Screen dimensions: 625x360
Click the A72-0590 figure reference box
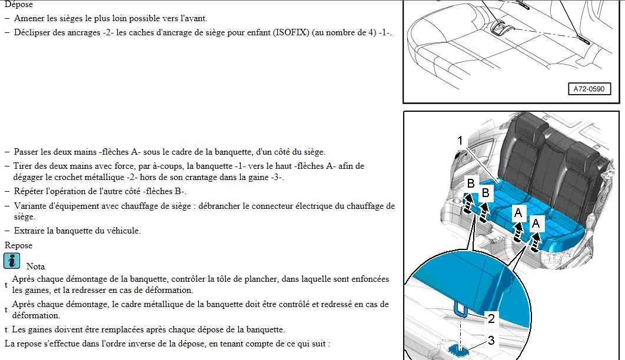click(x=589, y=89)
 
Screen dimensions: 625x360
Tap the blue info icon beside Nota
click(x=12, y=261)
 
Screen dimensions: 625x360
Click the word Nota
click(x=35, y=266)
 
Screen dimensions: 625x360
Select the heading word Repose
click(x=18, y=245)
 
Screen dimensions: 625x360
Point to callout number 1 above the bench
click(x=460, y=141)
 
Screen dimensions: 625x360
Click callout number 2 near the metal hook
click(x=491, y=319)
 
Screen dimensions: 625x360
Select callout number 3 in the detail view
click(x=491, y=341)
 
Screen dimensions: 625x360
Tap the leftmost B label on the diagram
click(x=471, y=183)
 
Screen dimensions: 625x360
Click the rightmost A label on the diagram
click(x=536, y=224)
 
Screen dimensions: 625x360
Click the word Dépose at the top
click(x=18, y=4)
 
